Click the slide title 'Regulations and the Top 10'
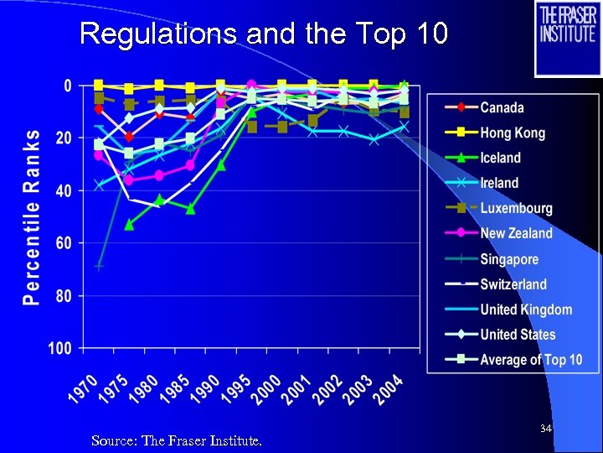[264, 34]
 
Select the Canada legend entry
[502, 107]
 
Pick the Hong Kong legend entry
[512, 133]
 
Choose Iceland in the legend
[500, 158]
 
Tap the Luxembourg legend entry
[516, 208]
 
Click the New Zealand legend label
[516, 233]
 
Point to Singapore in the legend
[509, 259]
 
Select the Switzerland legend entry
[513, 284]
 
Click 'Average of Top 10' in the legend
[531, 360]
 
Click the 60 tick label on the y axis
[62, 243]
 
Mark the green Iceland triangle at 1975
[129, 224]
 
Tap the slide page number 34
[545, 430]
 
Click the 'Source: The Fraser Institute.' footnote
[177, 440]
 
